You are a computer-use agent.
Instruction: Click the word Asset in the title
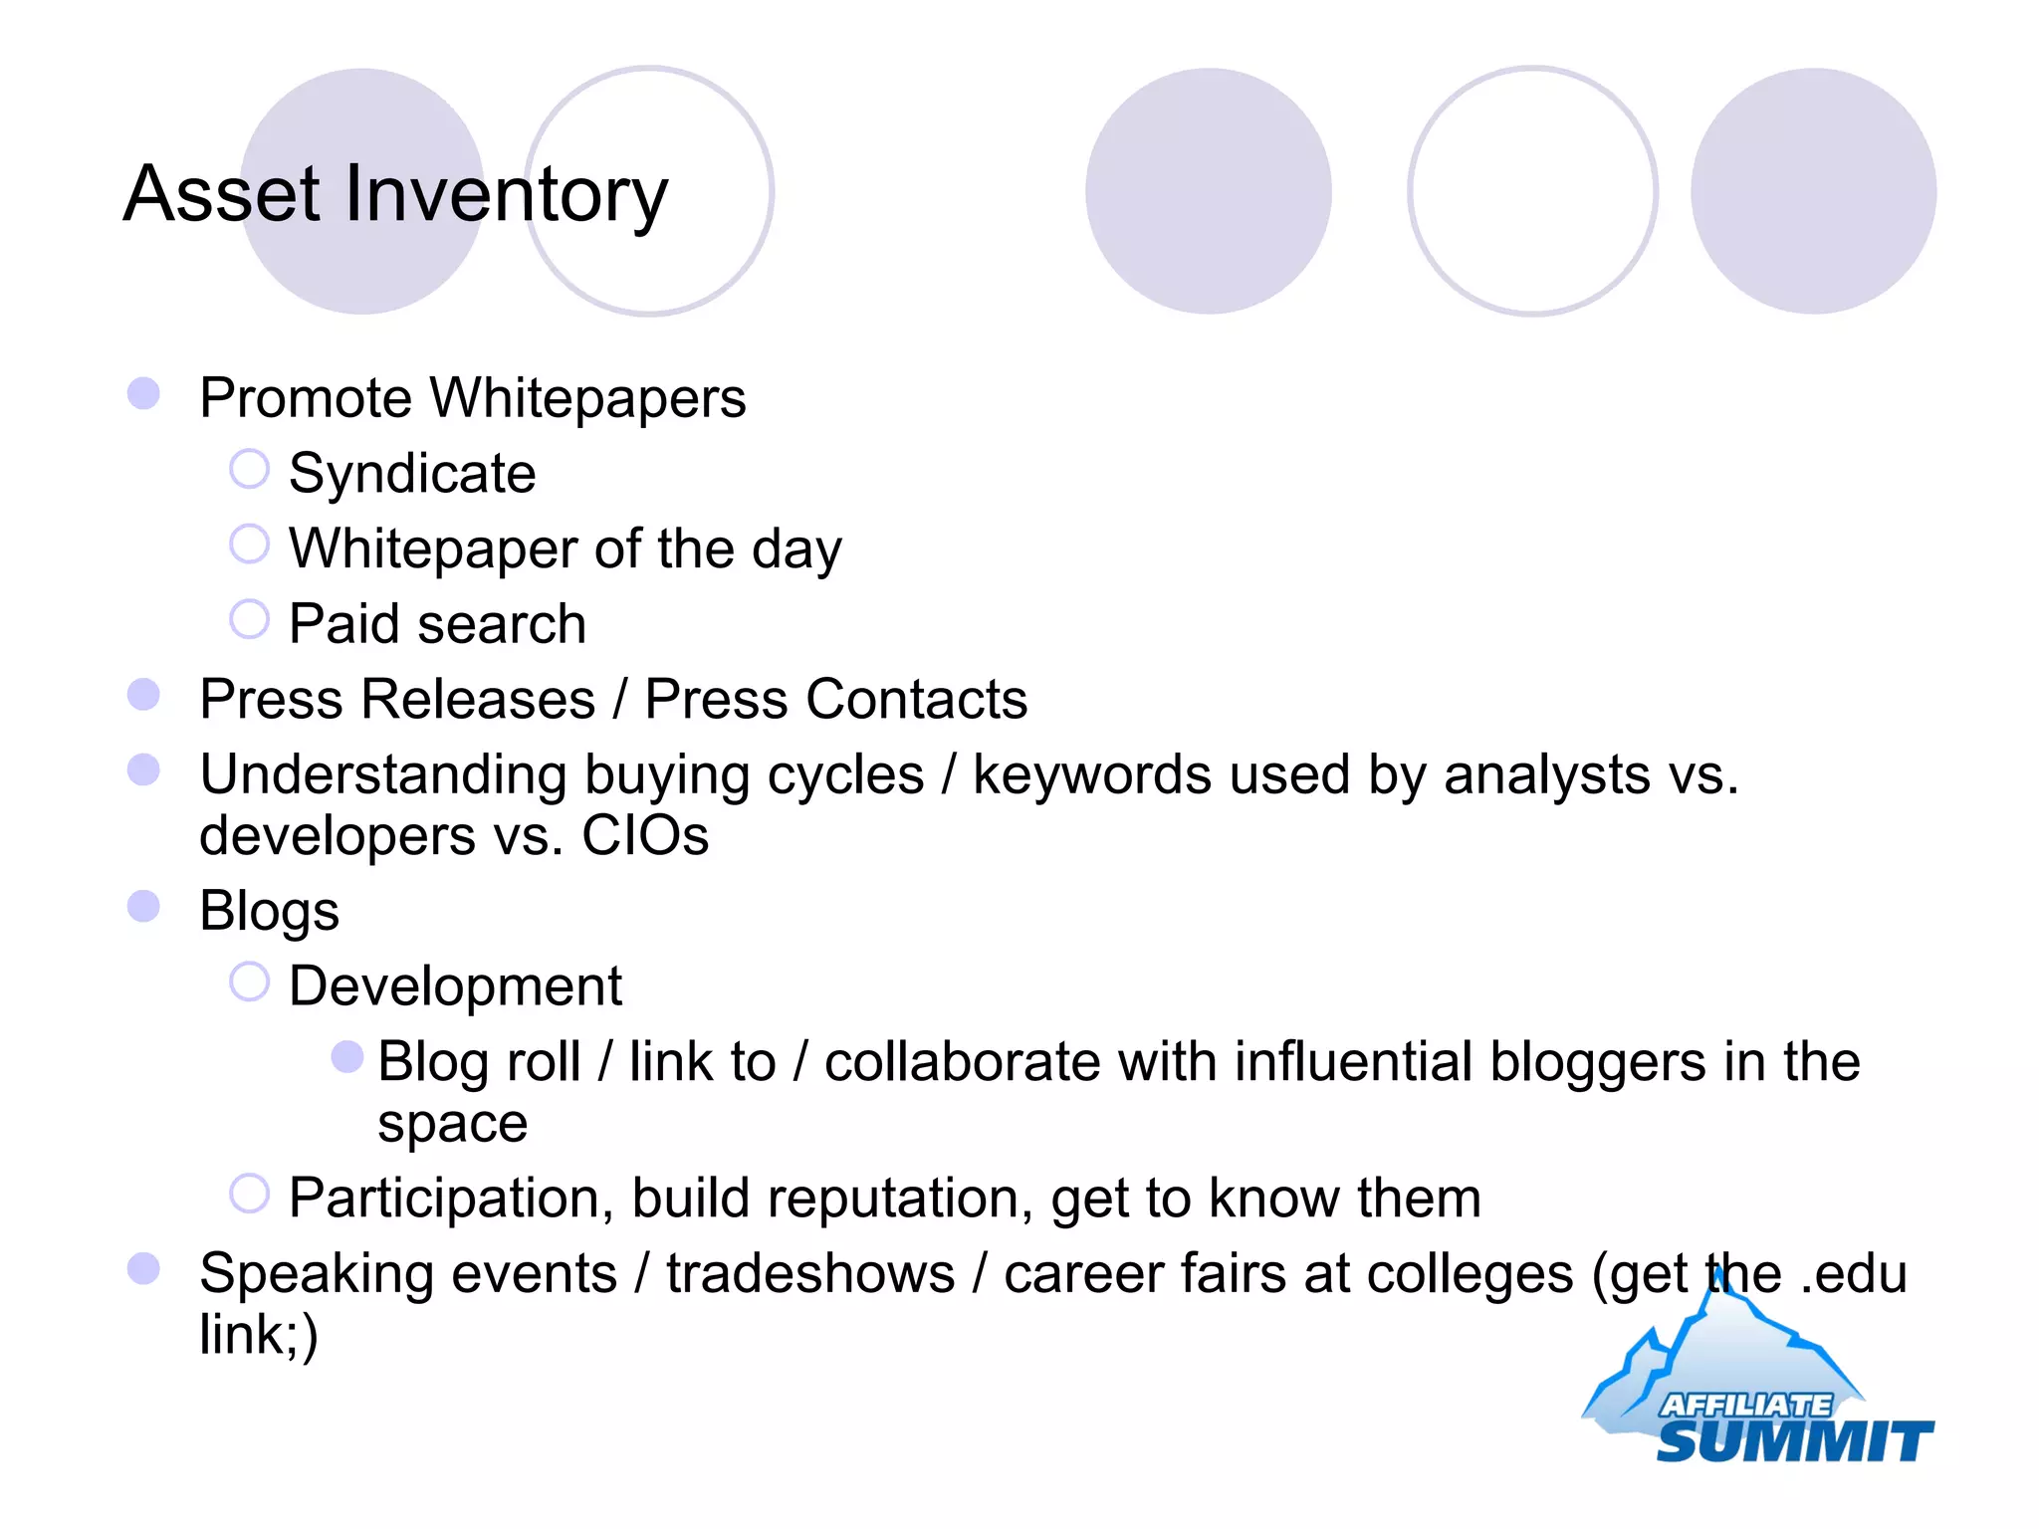click(222, 193)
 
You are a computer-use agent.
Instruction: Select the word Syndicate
click(412, 474)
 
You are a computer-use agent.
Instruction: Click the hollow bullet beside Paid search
click(249, 619)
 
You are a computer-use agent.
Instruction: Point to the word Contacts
click(916, 699)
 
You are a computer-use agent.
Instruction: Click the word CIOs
click(644, 836)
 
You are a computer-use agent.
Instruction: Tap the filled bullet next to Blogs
click(144, 906)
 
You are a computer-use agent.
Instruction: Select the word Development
click(455, 986)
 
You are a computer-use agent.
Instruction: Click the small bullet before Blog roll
click(346, 1057)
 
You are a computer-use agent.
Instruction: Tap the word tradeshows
click(810, 1274)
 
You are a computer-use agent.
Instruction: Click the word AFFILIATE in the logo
click(1744, 1405)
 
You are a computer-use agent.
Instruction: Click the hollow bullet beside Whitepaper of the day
click(249, 545)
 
